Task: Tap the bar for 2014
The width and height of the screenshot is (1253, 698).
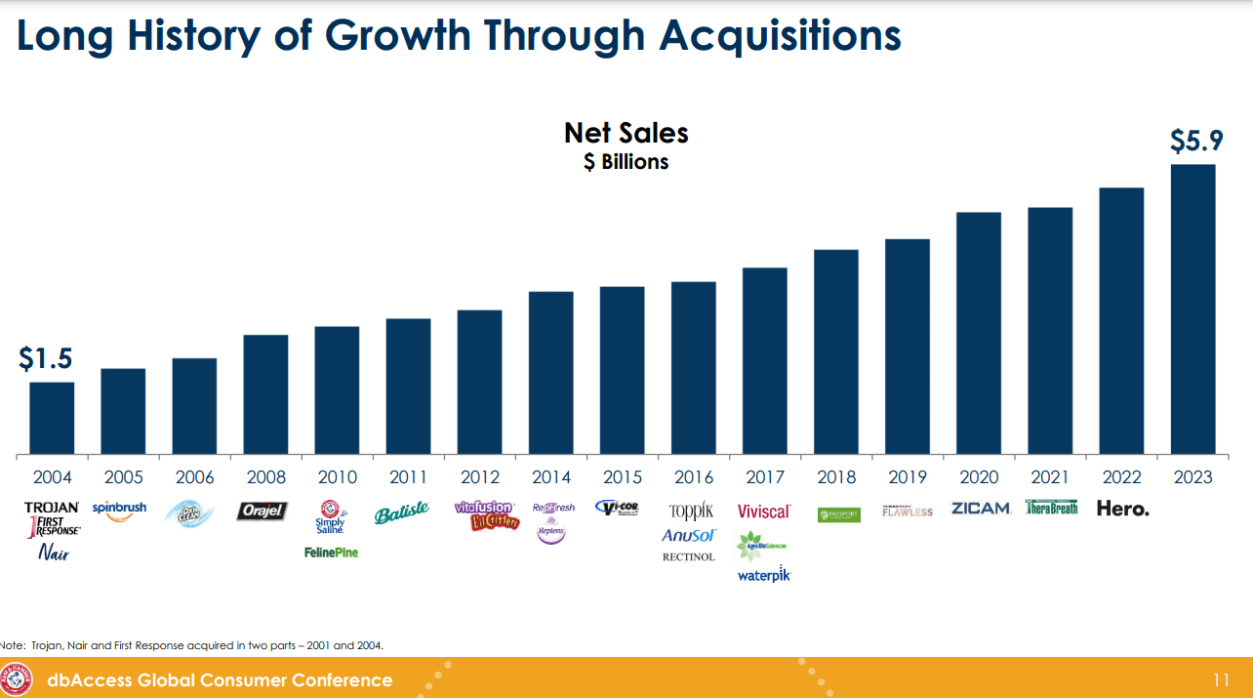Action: pos(550,373)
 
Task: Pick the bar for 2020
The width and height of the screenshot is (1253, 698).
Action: pos(979,333)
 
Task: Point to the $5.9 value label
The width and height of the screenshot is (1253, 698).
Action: pos(1195,142)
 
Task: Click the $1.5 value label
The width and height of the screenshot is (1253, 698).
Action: pos(46,358)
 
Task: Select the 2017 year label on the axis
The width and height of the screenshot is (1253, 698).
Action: pos(765,477)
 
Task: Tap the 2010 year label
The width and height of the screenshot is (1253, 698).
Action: pos(337,477)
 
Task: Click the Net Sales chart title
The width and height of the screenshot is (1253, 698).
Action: pos(626,133)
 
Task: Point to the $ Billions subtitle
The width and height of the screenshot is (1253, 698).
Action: pos(626,162)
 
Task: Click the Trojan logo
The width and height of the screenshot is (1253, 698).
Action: pos(52,508)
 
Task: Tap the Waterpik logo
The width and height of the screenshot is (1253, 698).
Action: pos(764,575)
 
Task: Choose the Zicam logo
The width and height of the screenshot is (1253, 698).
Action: pos(980,509)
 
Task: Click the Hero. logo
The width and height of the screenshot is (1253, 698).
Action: pos(1122,509)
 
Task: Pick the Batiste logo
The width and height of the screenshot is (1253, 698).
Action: pos(401,513)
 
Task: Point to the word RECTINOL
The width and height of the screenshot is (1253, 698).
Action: pos(689,557)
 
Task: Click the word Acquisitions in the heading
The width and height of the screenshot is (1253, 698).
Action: pos(780,36)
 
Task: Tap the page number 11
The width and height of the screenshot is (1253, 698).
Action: pos(1220,679)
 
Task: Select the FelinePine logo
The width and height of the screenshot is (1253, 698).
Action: pos(332,553)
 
